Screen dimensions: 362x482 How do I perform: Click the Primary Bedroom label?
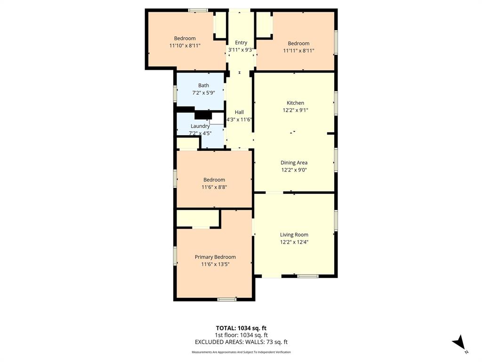click(215, 257)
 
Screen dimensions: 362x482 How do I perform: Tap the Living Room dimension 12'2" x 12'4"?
click(294, 242)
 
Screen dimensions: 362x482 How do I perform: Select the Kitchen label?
click(296, 103)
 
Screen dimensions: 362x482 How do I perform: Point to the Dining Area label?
click(294, 163)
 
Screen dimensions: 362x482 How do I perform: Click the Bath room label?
click(203, 85)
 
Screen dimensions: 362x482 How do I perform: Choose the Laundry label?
click(200, 126)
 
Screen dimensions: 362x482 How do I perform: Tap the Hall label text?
click(239, 112)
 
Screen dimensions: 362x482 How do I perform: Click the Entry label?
click(241, 43)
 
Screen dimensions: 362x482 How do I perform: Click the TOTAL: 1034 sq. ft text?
click(241, 328)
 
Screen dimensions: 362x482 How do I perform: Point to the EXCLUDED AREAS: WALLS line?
click(241, 342)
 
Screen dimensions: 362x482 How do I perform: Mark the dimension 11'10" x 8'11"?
click(185, 46)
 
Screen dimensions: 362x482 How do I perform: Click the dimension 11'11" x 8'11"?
click(299, 51)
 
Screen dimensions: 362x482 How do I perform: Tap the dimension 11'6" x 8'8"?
click(214, 187)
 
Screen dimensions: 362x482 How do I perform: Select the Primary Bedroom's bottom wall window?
click(227, 299)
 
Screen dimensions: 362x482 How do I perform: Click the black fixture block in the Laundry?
click(203, 115)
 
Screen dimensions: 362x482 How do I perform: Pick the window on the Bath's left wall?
click(175, 93)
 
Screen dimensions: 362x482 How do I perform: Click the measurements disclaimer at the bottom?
click(241, 352)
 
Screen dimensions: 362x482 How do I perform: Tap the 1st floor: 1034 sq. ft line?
click(241, 335)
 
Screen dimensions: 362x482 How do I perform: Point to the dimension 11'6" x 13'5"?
click(215, 264)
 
